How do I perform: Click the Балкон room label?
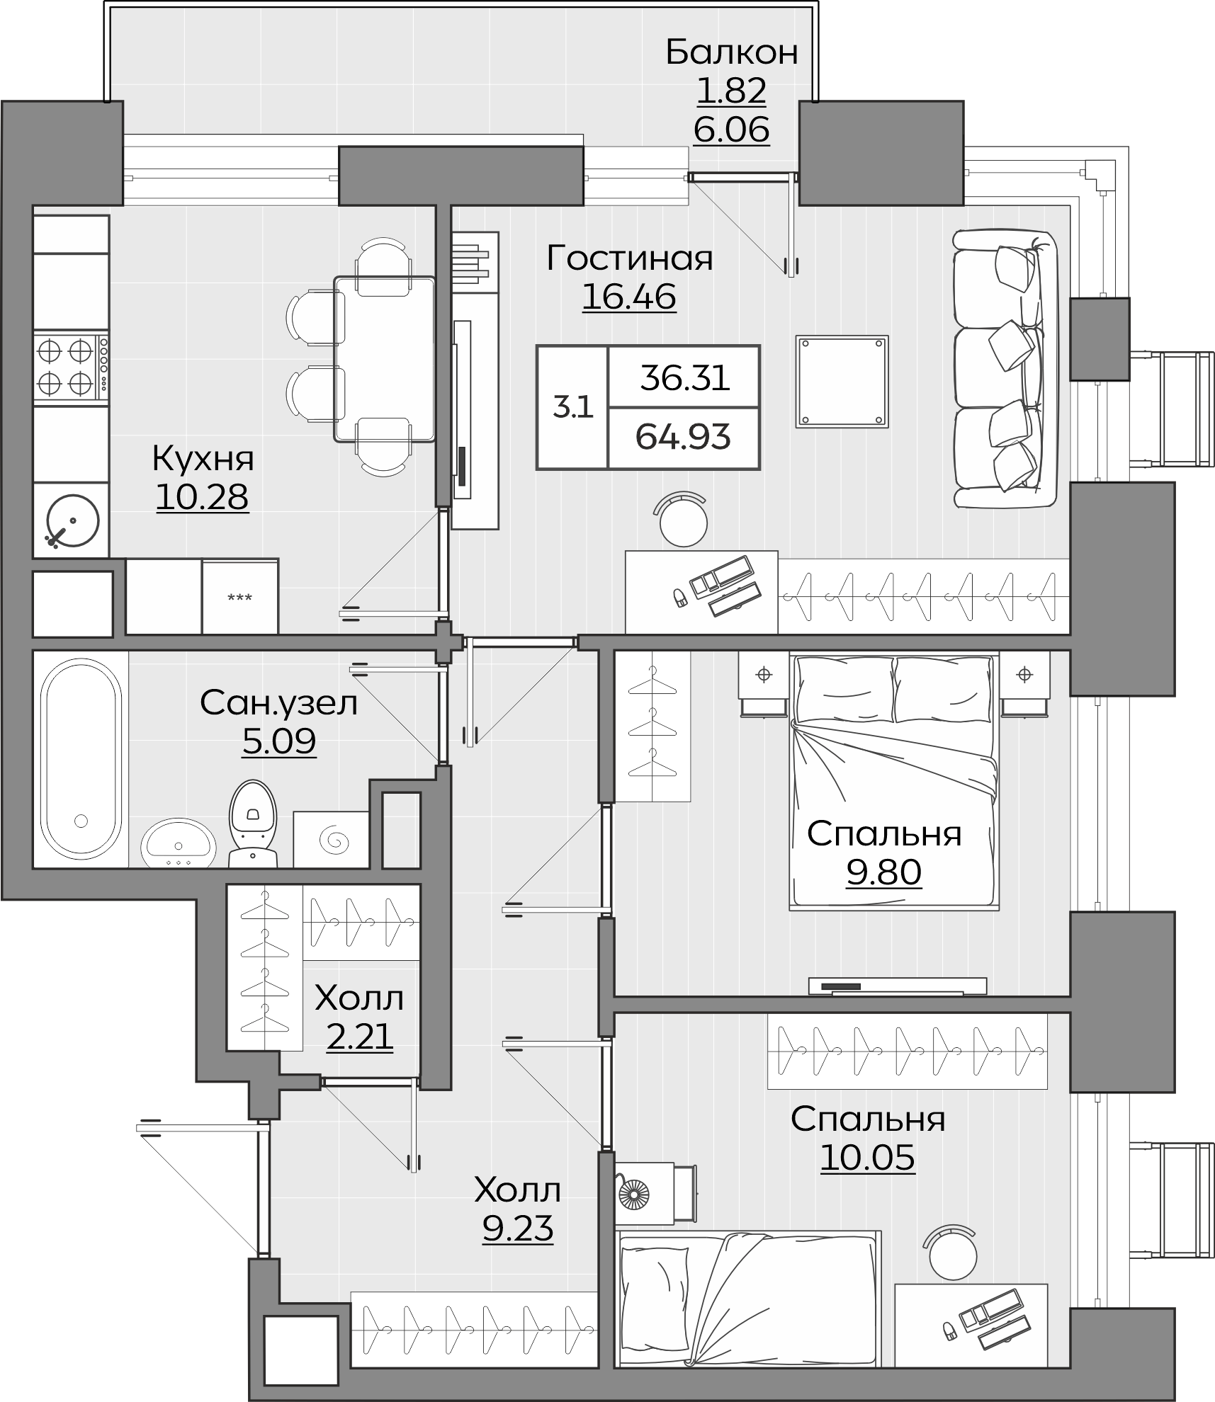[x=731, y=52]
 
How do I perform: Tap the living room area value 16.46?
[x=629, y=297]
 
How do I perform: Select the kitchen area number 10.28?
[x=202, y=497]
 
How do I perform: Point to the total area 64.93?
[x=683, y=437]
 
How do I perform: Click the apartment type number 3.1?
[x=572, y=408]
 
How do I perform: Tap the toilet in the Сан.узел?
[x=252, y=823]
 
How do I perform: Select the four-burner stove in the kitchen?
[x=71, y=367]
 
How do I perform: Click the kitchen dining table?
[x=385, y=359]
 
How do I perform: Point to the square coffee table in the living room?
[x=842, y=381]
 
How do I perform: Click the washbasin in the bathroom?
[x=179, y=843]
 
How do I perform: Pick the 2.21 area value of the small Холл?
[x=359, y=1037]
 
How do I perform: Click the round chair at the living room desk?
[x=683, y=519]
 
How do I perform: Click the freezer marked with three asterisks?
[x=240, y=596]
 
